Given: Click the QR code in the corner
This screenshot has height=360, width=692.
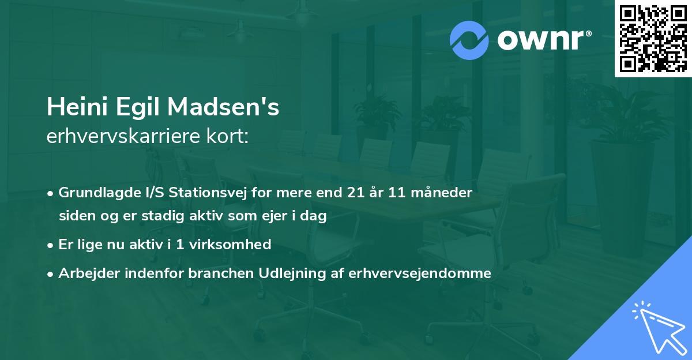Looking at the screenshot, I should tap(653, 39).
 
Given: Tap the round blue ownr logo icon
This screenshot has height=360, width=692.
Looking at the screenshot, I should tap(469, 40).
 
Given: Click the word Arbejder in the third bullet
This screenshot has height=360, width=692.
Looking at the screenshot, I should tap(85, 273).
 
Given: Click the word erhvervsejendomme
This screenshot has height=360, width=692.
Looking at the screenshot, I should tap(420, 273).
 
